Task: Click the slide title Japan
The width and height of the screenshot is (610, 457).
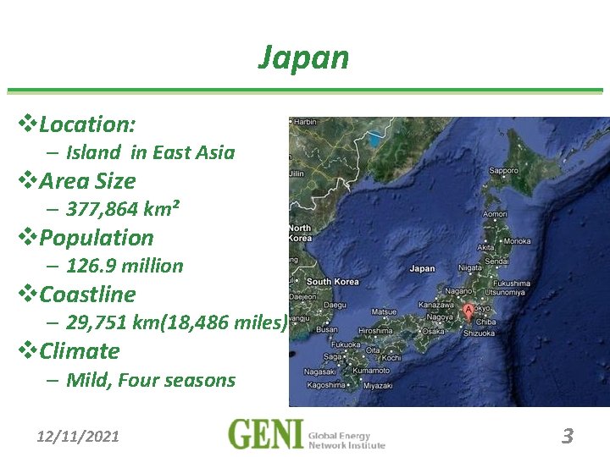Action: [x=303, y=58]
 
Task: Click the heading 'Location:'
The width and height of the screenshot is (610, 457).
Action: [x=86, y=124]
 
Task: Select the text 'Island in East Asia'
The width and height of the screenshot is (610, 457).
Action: [x=150, y=152]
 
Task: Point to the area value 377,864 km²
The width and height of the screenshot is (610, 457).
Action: [x=123, y=209]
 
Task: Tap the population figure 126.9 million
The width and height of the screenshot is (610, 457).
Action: [x=125, y=266]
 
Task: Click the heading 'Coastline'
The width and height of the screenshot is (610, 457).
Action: [x=87, y=295]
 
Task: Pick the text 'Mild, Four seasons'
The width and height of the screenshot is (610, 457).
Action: [x=150, y=380]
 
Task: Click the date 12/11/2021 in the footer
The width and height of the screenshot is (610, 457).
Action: [x=78, y=437]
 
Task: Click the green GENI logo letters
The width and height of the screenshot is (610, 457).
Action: [x=265, y=433]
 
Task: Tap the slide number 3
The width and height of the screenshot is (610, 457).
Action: [x=568, y=436]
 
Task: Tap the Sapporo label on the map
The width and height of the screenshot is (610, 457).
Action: [x=503, y=170]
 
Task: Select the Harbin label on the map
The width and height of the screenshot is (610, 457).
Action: [x=305, y=122]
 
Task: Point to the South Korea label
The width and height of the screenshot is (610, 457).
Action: [x=332, y=281]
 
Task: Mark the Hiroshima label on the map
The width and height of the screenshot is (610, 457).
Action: [x=374, y=331]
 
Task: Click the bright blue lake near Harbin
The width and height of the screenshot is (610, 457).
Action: [x=374, y=140]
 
